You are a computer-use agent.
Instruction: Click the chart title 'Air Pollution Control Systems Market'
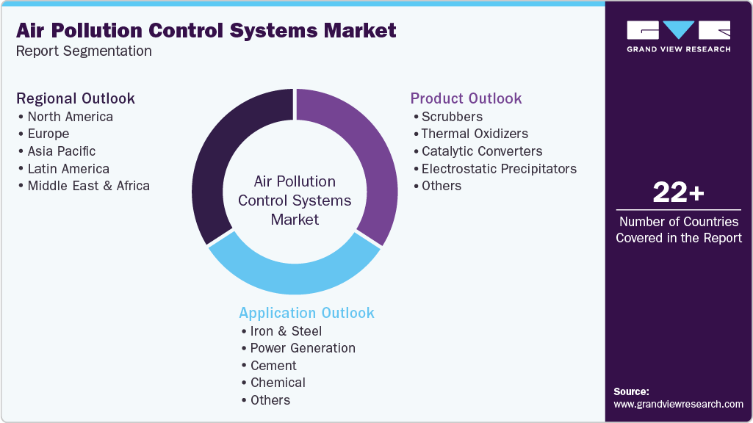[x=206, y=30]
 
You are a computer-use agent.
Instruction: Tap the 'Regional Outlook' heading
[x=76, y=98]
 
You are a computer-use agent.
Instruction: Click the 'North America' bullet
[x=70, y=117]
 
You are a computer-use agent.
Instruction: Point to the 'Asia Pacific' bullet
[x=61, y=151]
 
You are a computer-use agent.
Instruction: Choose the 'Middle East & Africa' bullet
[x=88, y=186]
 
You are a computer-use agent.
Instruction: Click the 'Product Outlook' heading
[x=466, y=98]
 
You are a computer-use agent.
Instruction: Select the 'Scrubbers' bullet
[x=452, y=117]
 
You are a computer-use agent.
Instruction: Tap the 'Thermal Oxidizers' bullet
[x=475, y=134]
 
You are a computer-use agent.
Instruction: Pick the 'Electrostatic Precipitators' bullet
[x=499, y=169]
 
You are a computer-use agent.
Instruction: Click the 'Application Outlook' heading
[x=306, y=313]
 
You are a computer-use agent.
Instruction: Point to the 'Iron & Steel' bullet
[x=286, y=331]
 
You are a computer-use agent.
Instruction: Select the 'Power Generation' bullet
[x=303, y=348]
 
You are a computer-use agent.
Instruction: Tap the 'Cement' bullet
[x=273, y=366]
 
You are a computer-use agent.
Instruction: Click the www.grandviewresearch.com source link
[x=678, y=404]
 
